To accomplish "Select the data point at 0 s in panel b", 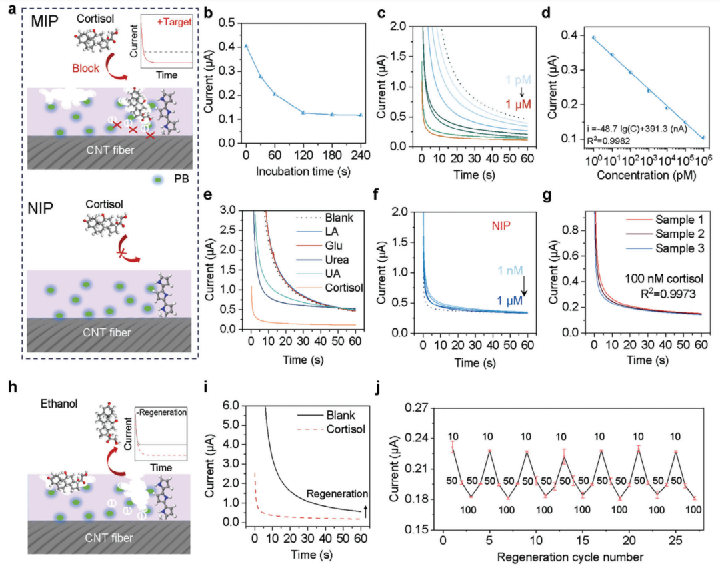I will (246, 46).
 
